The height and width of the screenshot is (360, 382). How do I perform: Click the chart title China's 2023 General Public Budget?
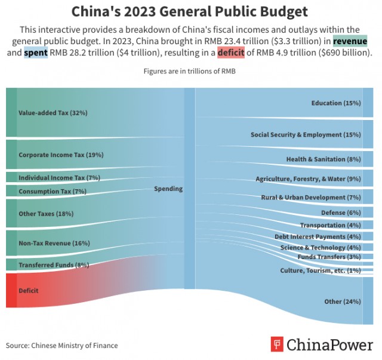point(190,11)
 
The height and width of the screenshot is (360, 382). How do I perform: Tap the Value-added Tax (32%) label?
point(53,112)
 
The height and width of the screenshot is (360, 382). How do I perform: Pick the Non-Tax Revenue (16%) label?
point(54,243)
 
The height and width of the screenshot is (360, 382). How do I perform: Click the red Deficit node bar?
point(11,290)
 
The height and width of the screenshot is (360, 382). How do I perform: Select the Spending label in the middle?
point(168,189)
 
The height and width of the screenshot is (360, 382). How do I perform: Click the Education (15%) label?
point(336,103)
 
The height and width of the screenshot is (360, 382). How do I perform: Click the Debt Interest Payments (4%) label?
point(318,236)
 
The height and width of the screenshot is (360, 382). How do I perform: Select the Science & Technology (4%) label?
point(321,247)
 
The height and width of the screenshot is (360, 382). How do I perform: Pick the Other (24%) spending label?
point(342,301)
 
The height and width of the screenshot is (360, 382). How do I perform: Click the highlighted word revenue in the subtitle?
point(350,41)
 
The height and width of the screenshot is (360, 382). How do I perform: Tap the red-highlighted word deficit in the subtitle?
point(230,53)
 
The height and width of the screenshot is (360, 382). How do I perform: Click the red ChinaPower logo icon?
point(276,344)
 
